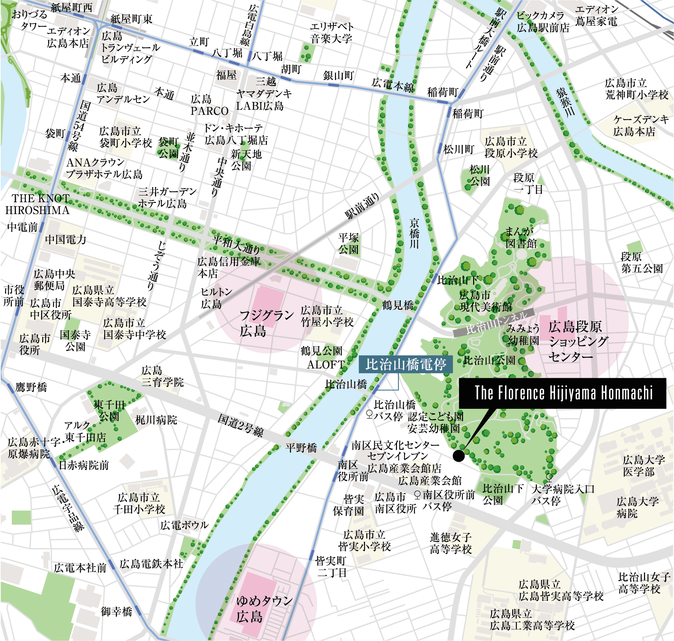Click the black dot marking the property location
[x=458, y=455]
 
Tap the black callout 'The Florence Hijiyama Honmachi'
[x=562, y=393]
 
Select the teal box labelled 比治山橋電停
[x=405, y=365]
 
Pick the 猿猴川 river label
[x=565, y=102]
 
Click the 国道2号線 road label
[x=241, y=426]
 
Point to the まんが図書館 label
[x=521, y=238]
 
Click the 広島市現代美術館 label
[x=485, y=301]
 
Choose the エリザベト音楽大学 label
[x=331, y=32]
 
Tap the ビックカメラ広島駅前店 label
[x=543, y=22]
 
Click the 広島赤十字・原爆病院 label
[x=29, y=448]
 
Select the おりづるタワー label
[x=29, y=20]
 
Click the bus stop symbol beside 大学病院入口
[x=549, y=477]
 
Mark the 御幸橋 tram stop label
[x=116, y=611]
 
